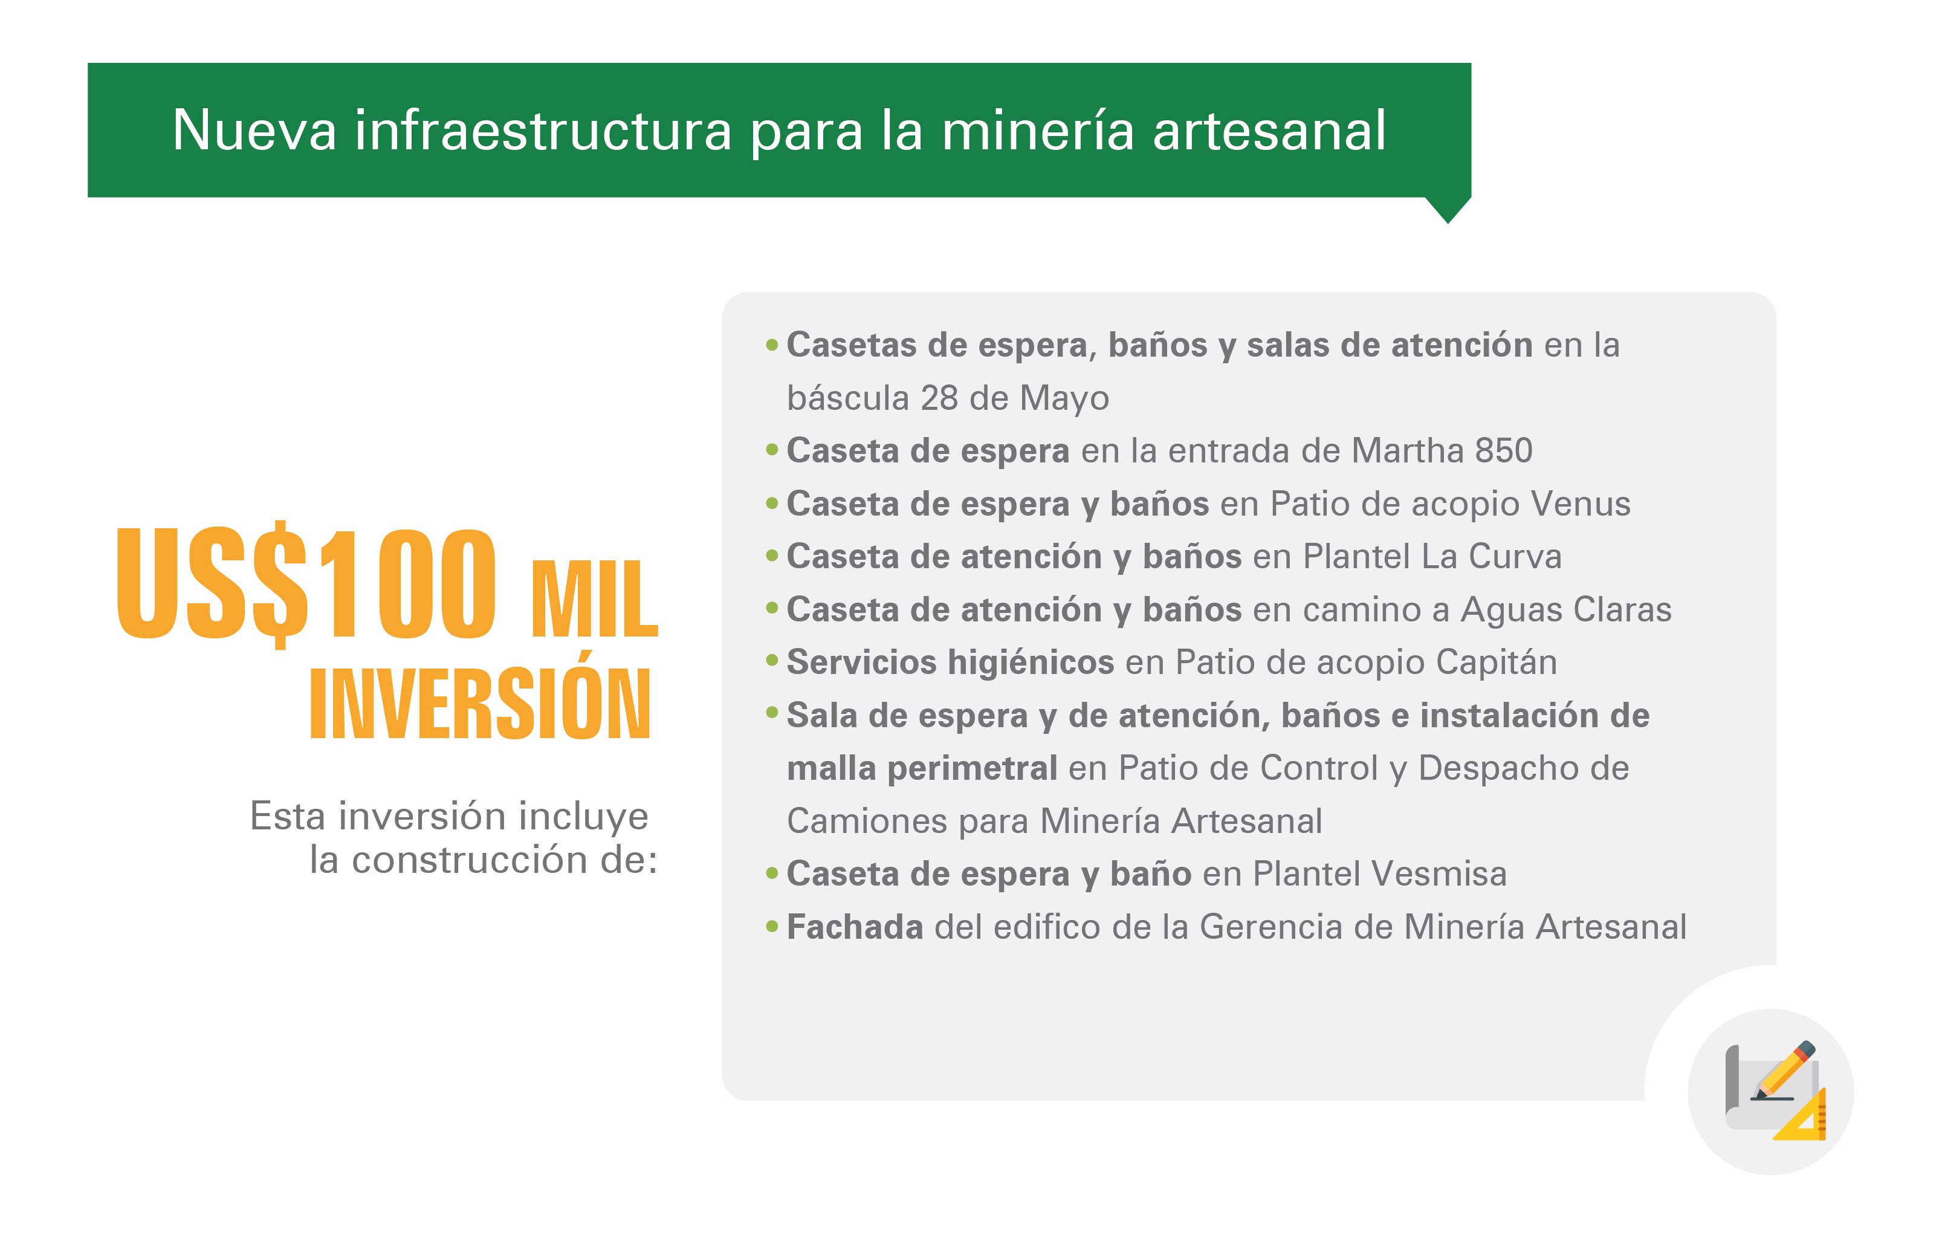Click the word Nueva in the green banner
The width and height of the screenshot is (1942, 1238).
254,130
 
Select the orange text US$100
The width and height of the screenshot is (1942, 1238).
306,582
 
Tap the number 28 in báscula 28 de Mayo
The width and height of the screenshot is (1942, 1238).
939,398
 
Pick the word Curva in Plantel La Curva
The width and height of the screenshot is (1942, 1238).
1515,557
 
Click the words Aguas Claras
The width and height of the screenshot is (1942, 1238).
1566,610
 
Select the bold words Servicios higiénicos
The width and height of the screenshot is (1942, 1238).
951,662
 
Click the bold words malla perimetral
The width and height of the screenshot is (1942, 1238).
922,768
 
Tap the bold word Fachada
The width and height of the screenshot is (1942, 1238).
855,927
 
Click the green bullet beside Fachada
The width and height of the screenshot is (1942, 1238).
772,927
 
